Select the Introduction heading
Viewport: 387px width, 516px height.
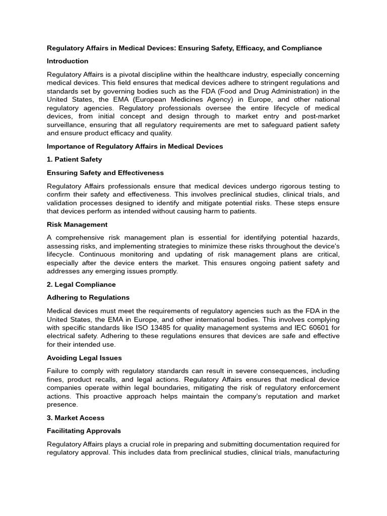pos(68,61)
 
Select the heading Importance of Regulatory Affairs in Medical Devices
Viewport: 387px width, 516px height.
pos(135,147)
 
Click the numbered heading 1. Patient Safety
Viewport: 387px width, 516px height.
pos(74,160)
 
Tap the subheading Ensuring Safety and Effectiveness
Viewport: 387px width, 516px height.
pos(105,173)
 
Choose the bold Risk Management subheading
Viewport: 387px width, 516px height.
pos(77,225)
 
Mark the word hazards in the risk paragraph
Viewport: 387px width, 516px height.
pos(325,237)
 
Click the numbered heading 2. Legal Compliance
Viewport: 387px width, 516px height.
pos(81,285)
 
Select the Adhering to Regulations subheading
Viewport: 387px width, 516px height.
pos(88,298)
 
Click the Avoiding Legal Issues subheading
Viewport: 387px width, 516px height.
pos(84,358)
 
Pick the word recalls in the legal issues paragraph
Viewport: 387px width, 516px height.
pos(111,379)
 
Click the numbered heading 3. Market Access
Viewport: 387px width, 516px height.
pos(76,418)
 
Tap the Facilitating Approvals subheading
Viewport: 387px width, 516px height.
pos(84,431)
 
